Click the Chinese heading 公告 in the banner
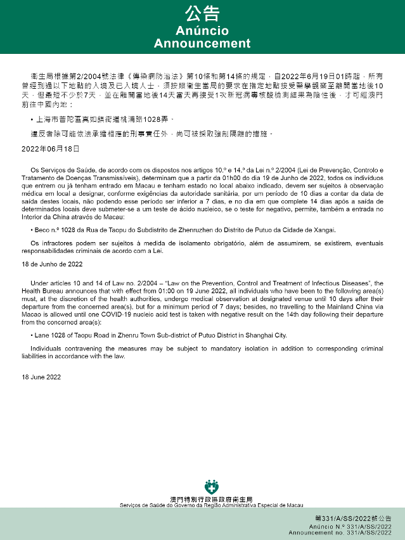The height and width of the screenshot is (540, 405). pyautogui.click(x=202, y=14)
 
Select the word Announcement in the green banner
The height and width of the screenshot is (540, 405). pyautogui.click(x=202, y=44)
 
